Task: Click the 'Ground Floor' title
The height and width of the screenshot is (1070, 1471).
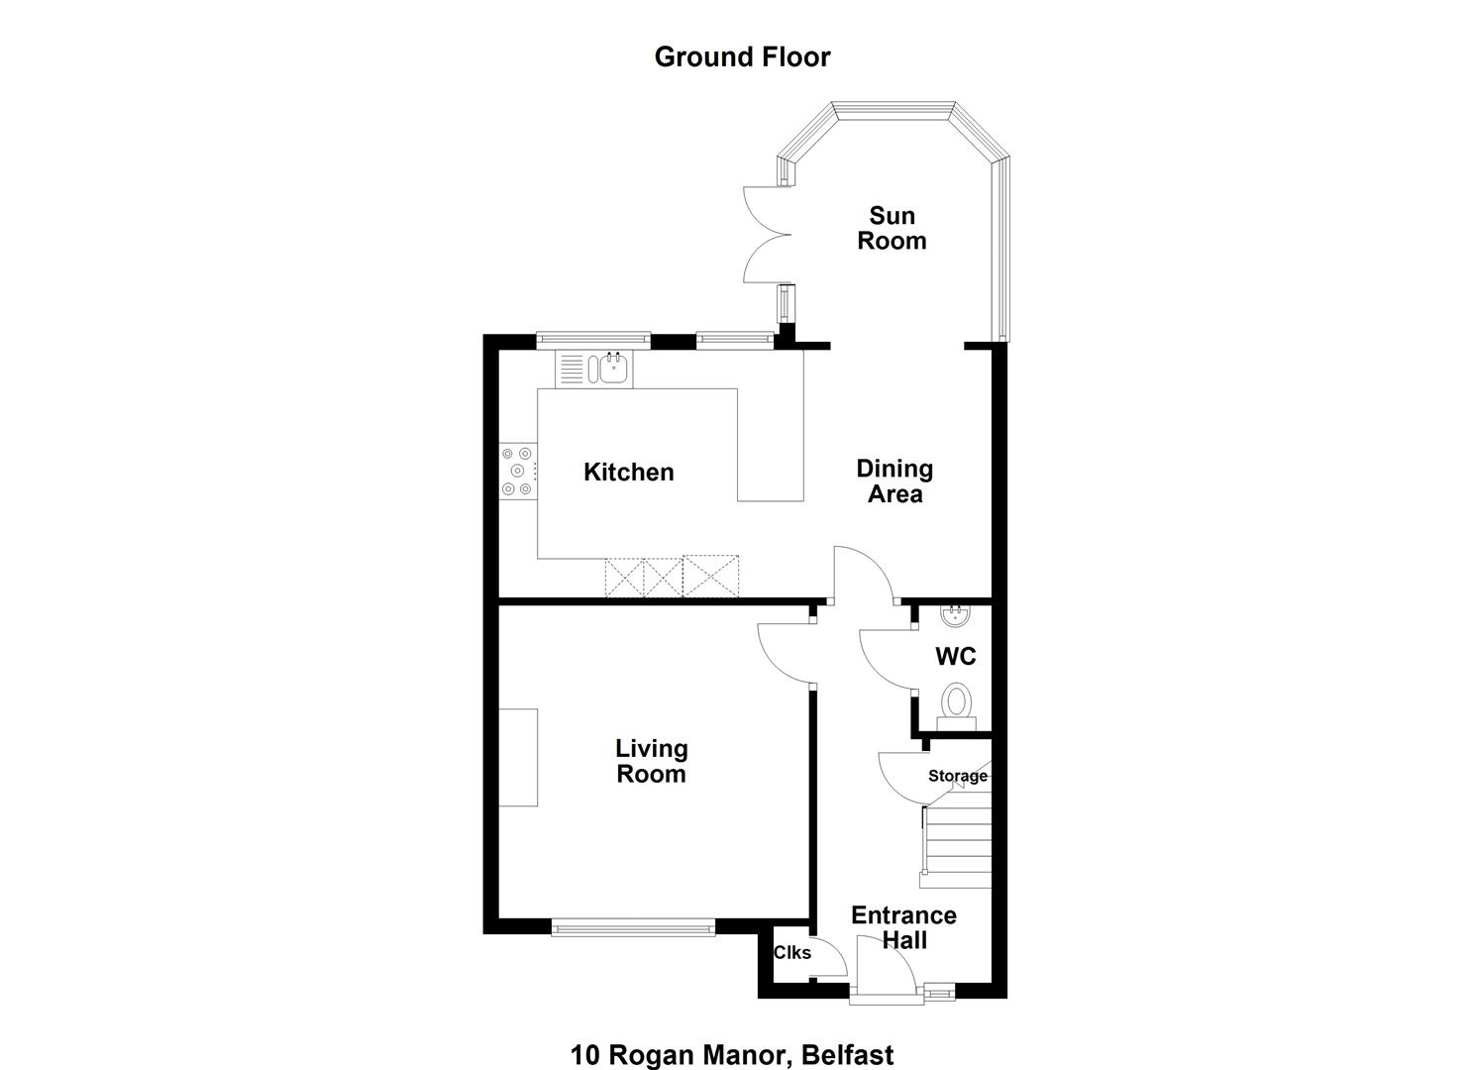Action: coord(742,57)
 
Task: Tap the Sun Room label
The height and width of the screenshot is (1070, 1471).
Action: coord(892,228)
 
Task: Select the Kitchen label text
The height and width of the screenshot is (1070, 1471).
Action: coord(628,472)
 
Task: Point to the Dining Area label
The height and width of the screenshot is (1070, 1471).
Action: coord(894,481)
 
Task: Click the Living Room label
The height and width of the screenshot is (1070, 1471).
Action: coord(651,761)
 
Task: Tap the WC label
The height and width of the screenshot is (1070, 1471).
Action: coord(956,656)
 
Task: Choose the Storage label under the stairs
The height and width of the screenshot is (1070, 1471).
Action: coord(958,776)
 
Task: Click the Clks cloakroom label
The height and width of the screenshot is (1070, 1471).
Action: coord(792,952)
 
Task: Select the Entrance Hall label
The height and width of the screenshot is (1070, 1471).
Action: coord(903,927)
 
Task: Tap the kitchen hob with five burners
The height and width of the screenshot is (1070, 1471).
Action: coord(518,471)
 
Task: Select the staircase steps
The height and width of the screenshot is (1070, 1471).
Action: coord(956,847)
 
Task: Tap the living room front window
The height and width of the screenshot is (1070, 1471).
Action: coord(633,927)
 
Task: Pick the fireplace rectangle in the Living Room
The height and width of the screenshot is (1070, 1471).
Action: coord(518,757)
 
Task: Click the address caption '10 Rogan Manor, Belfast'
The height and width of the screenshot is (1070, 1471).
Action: coord(732,1055)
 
